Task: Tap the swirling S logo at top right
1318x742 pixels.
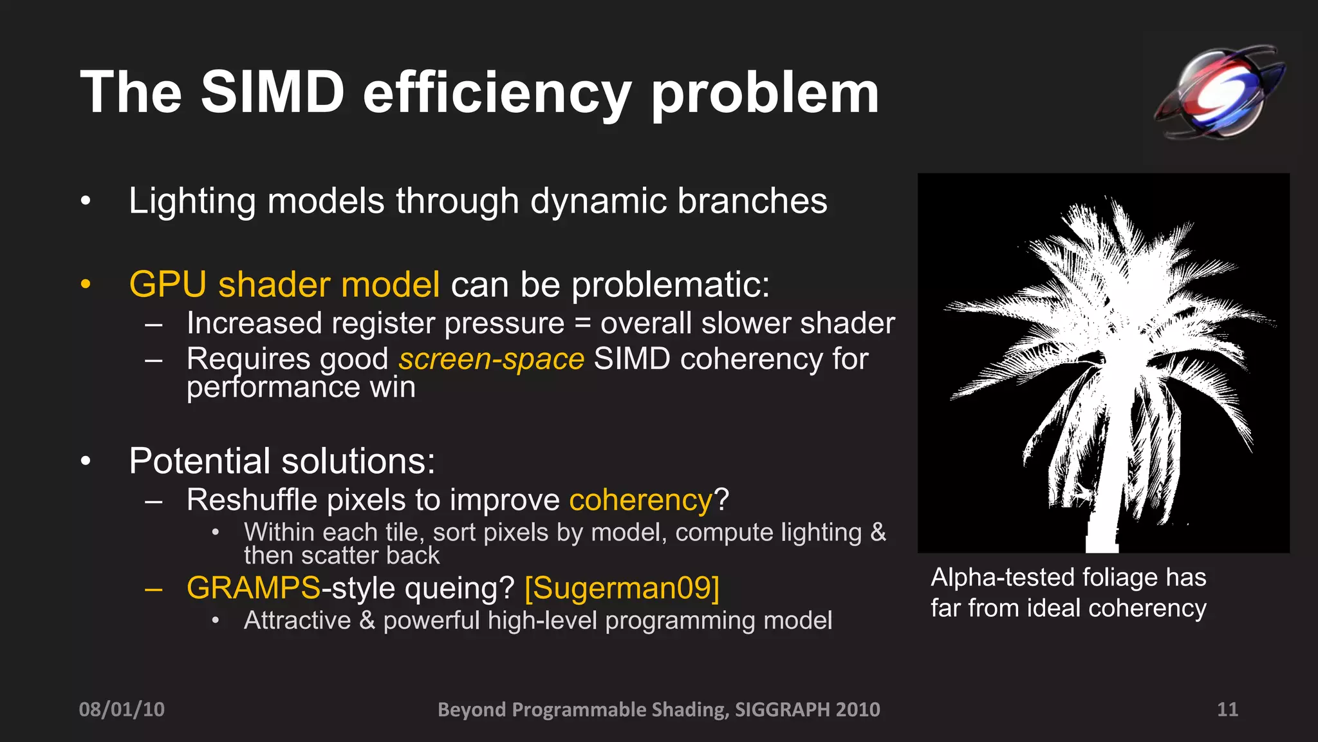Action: click(1219, 92)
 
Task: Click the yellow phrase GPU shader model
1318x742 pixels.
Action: click(284, 284)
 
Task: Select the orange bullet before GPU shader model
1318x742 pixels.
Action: click(86, 284)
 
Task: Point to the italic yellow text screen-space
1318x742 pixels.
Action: click(491, 359)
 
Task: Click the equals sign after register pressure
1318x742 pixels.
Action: click(582, 323)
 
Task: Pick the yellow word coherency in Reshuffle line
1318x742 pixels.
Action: click(641, 500)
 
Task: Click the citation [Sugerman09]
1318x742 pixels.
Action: click(622, 588)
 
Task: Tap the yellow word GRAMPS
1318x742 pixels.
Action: click(253, 588)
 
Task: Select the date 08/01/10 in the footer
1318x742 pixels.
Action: click(122, 709)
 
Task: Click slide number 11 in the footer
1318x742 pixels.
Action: click(1227, 709)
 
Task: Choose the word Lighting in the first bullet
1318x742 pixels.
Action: click(192, 201)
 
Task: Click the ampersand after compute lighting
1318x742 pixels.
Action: click(878, 533)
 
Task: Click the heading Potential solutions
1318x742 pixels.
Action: click(282, 461)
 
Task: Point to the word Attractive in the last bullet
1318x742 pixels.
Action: click(297, 621)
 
